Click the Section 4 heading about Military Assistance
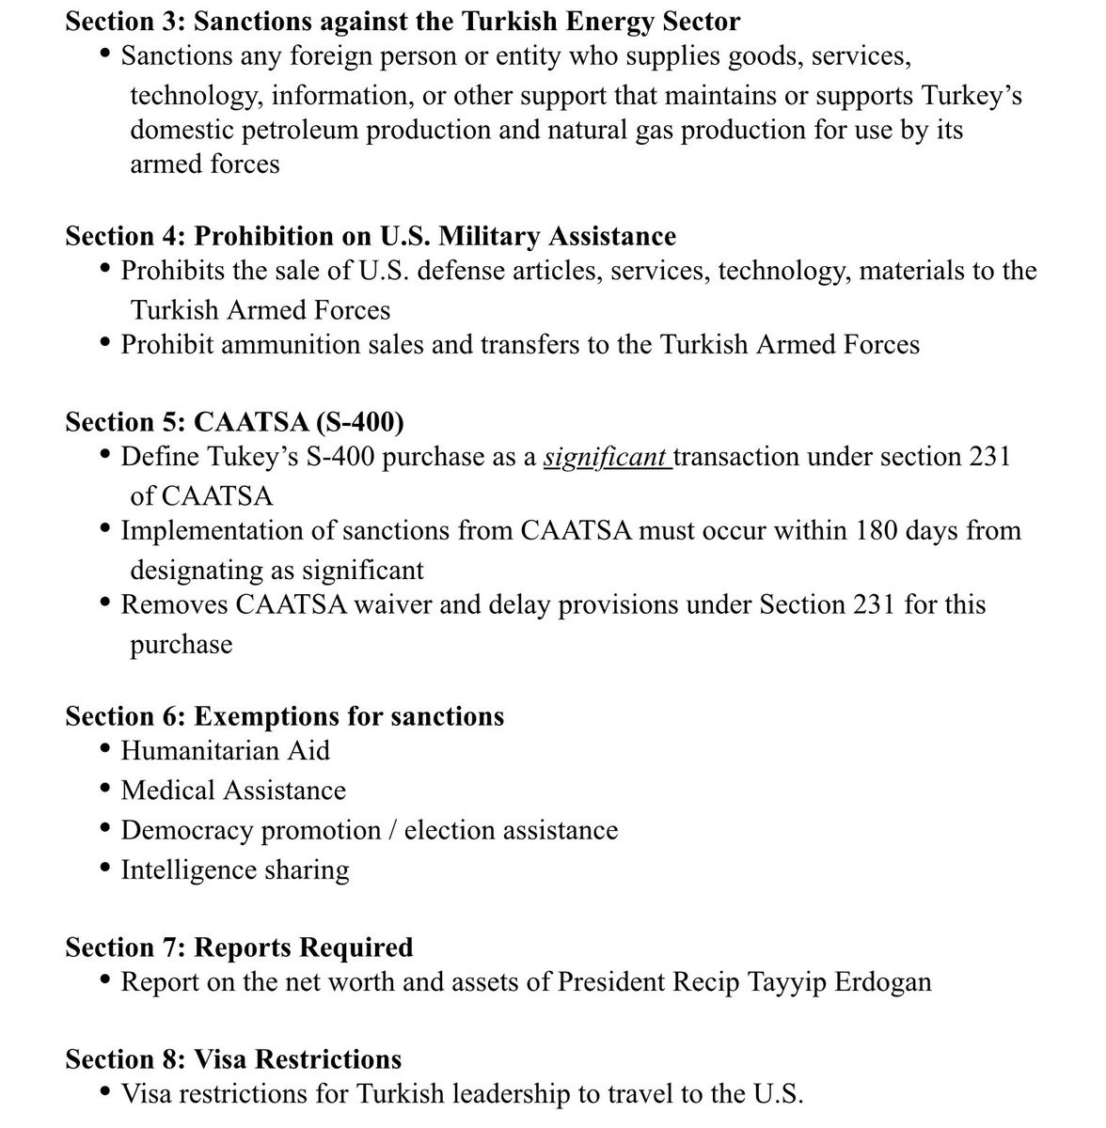pyautogui.click(x=371, y=235)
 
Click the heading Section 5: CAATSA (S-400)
pyautogui.click(x=234, y=422)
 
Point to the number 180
pyautogui.click(x=878, y=530)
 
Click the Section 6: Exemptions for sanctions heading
pyautogui.click(x=284, y=716)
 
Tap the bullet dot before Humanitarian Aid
pyautogui.click(x=105, y=749)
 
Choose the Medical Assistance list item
pyautogui.click(x=233, y=791)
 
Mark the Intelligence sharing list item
pyautogui.click(x=235, y=870)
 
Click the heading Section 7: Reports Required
pyautogui.click(x=239, y=947)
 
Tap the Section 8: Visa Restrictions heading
pyautogui.click(x=233, y=1059)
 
